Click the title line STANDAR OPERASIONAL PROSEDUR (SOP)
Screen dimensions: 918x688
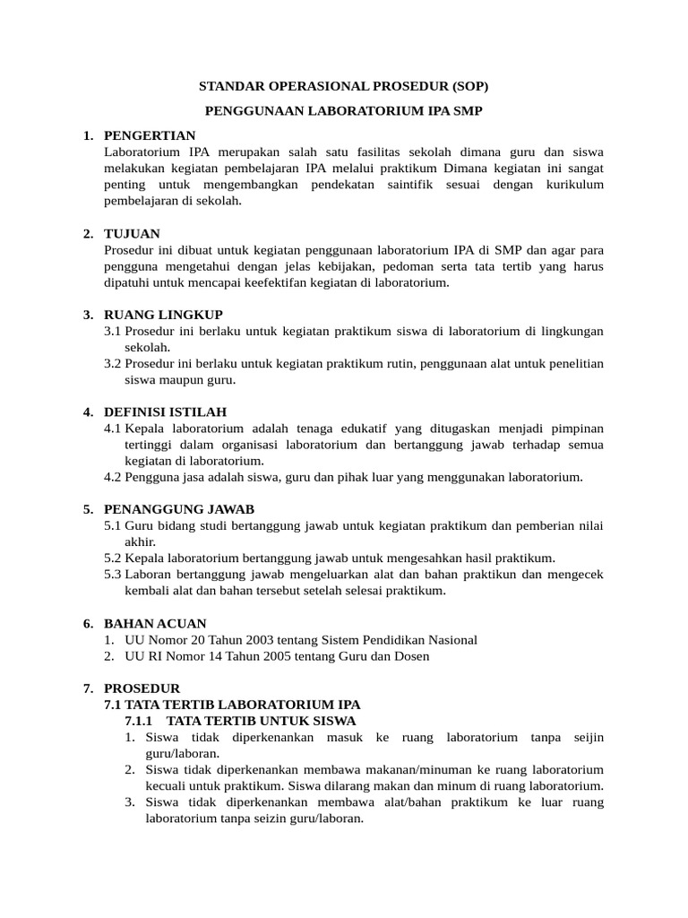click(344, 86)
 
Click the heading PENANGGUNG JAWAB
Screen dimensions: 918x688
click(179, 508)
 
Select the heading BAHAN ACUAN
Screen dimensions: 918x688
click(155, 623)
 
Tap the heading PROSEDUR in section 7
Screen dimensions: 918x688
click(142, 688)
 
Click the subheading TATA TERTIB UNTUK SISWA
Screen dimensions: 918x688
click(261, 721)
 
